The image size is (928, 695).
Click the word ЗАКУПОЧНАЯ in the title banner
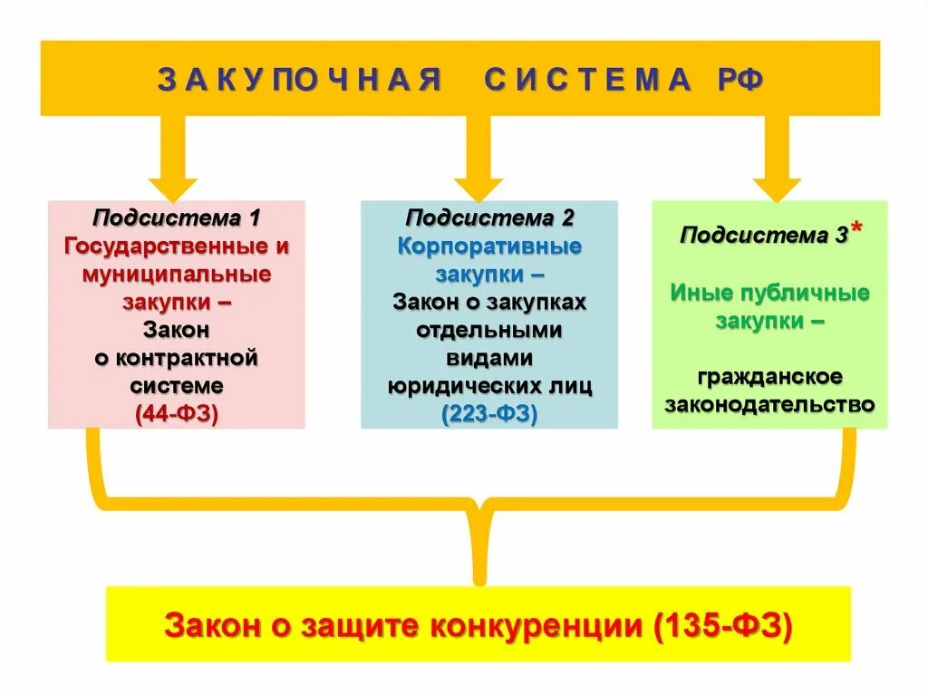(x=298, y=81)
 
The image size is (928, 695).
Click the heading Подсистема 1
(x=176, y=218)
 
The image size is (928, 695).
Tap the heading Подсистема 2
(x=489, y=218)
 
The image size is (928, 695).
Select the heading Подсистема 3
(x=764, y=236)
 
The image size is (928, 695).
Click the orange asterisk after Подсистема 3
(x=856, y=230)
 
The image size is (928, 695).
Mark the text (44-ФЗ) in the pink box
(x=177, y=414)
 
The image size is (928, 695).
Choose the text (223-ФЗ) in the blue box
(x=489, y=414)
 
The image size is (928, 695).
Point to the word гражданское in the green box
(x=770, y=376)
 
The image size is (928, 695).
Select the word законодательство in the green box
(x=770, y=404)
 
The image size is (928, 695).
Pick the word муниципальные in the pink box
(x=177, y=274)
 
